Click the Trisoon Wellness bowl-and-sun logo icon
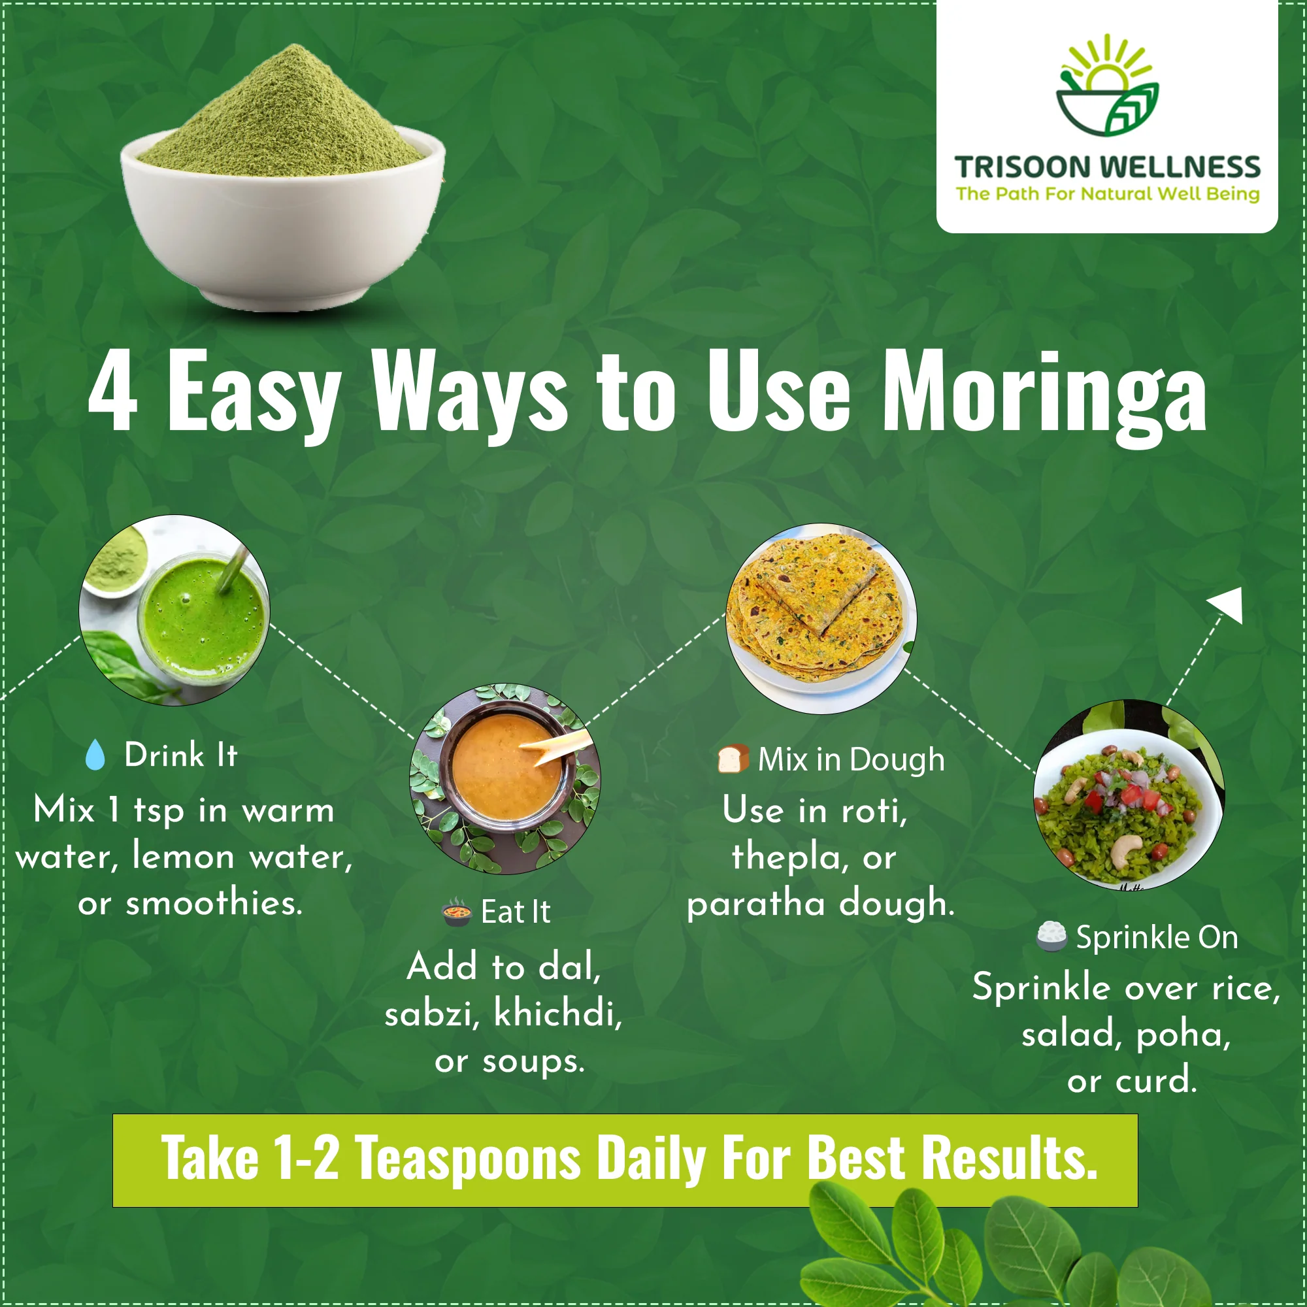(x=1108, y=85)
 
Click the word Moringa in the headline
(x=1044, y=396)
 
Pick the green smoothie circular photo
(x=174, y=610)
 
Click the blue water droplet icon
(x=95, y=754)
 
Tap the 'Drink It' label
(x=180, y=754)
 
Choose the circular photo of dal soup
(x=505, y=779)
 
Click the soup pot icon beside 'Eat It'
(x=457, y=911)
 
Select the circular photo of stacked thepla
(x=821, y=618)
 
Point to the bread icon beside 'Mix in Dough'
(x=733, y=759)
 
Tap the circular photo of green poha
(x=1129, y=794)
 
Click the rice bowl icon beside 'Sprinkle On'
(x=1051, y=936)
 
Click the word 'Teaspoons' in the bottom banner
(x=468, y=1158)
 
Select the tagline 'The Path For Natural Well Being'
(x=1108, y=194)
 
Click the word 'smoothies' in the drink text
(x=214, y=902)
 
